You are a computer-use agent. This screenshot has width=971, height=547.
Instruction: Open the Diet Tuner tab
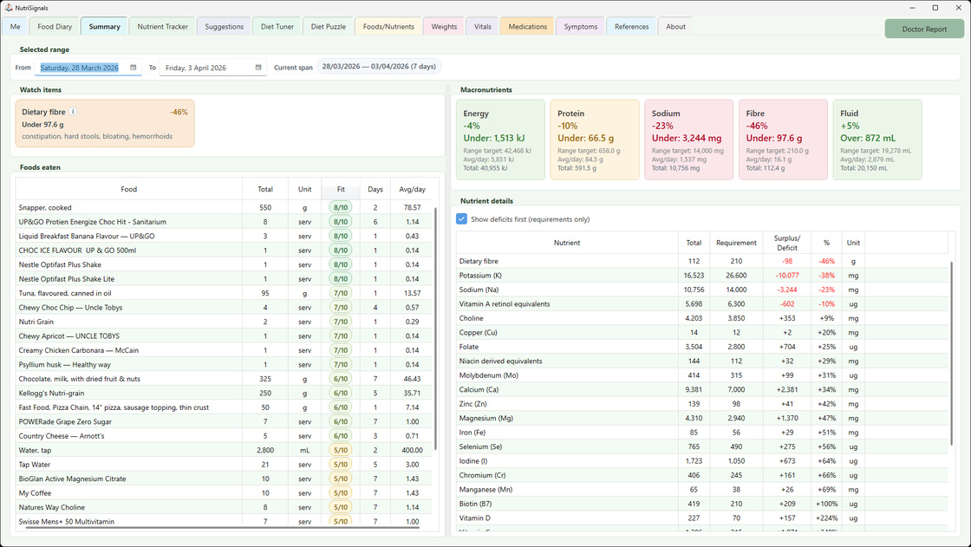pyautogui.click(x=278, y=27)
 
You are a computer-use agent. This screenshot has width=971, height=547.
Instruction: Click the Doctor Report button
pyautogui.click(x=924, y=29)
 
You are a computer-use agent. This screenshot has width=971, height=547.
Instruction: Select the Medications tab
pyautogui.click(x=528, y=27)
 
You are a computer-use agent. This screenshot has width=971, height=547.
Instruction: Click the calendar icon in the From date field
pyautogui.click(x=134, y=68)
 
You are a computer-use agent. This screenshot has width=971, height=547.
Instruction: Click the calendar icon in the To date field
pyautogui.click(x=258, y=68)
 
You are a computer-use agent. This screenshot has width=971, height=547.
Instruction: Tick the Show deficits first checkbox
pyautogui.click(x=462, y=219)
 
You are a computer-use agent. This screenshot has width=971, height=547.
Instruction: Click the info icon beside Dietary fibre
pyautogui.click(x=73, y=112)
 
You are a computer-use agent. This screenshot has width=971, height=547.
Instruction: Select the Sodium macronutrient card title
pyautogui.click(x=666, y=114)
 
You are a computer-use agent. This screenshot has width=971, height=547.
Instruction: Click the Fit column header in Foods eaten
pyautogui.click(x=341, y=189)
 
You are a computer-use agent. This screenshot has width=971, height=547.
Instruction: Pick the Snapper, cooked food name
pyautogui.click(x=45, y=208)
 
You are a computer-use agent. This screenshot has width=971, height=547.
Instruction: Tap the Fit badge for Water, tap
pyautogui.click(x=341, y=450)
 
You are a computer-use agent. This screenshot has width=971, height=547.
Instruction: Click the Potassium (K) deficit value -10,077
pyautogui.click(x=787, y=276)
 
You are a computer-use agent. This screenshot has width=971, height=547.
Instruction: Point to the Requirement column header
pyautogui.click(x=736, y=244)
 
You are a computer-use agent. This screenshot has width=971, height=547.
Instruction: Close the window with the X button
pyautogui.click(x=955, y=8)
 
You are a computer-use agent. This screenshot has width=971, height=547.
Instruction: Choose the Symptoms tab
pyautogui.click(x=580, y=27)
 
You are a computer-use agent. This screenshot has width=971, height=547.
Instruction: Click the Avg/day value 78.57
pyautogui.click(x=412, y=208)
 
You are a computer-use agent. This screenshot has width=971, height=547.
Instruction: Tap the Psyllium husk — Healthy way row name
pyautogui.click(x=64, y=365)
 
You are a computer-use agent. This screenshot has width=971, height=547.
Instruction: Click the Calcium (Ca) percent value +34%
pyautogui.click(x=826, y=390)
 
